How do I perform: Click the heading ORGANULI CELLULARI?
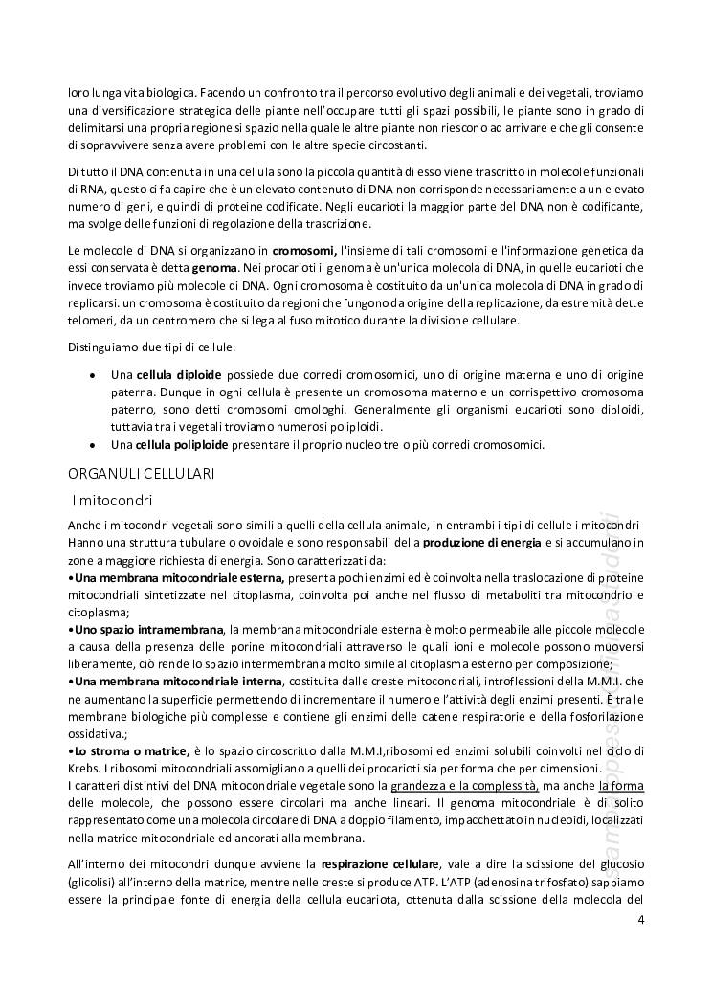(142, 473)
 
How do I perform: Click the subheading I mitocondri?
(114, 500)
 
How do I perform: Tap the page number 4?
(640, 921)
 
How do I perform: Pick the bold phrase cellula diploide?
(179, 373)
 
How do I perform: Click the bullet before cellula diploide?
(91, 374)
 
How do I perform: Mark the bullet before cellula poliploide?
(91, 445)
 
